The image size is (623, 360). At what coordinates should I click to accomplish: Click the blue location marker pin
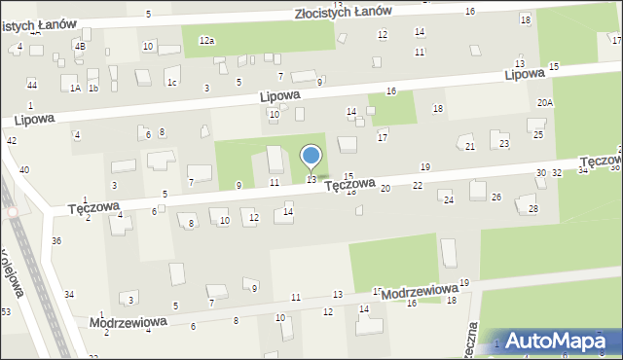point(311,157)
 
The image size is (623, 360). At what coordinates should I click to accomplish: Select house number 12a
point(206,40)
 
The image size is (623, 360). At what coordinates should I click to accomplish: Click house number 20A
point(545,102)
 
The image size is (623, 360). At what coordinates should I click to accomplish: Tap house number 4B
point(80,46)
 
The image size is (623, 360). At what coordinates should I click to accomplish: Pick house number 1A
point(75,88)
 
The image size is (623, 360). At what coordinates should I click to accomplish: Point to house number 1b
point(93,88)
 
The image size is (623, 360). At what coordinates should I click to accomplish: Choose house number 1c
point(171,82)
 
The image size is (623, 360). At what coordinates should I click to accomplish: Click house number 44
point(32,85)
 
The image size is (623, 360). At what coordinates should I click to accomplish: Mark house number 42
point(12,141)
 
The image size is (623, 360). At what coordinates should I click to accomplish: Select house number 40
point(23,170)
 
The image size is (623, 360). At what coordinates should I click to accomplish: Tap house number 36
point(56,240)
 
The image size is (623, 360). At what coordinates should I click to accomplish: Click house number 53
point(6,311)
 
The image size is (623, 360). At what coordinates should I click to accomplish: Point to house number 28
point(532,209)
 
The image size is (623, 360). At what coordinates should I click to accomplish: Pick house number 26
point(496,198)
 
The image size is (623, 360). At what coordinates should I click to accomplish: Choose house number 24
point(448,200)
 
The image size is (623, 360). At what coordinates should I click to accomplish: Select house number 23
point(503,143)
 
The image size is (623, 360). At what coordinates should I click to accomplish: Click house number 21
point(470,146)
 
